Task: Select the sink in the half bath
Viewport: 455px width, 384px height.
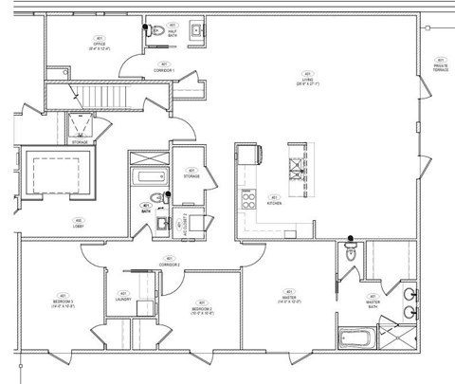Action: click(x=196, y=31)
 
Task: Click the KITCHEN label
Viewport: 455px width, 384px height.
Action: click(x=274, y=201)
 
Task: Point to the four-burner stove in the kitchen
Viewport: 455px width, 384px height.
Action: click(x=250, y=200)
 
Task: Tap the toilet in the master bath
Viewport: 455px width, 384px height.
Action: click(x=351, y=250)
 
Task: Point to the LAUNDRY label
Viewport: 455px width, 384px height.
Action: click(x=123, y=298)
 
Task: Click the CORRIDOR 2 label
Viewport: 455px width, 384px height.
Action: click(x=172, y=262)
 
